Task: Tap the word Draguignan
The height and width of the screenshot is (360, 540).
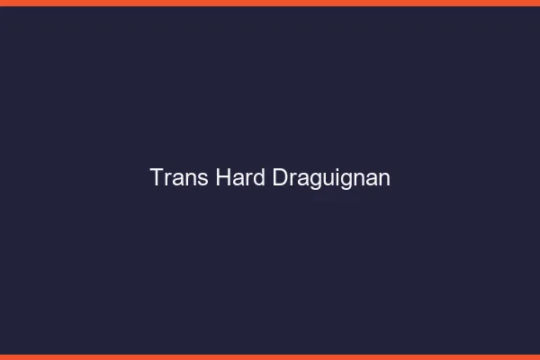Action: click(x=331, y=179)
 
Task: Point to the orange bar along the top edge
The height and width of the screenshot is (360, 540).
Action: click(x=270, y=3)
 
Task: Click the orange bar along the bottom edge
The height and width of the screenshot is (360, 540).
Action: click(x=270, y=356)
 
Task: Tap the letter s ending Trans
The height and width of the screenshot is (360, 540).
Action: click(x=204, y=179)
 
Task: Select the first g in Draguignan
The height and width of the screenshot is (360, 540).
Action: click(x=314, y=181)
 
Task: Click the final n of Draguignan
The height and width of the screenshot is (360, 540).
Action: click(x=384, y=179)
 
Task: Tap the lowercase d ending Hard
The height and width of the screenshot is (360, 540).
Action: click(x=260, y=177)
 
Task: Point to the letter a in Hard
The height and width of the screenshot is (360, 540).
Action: click(x=239, y=179)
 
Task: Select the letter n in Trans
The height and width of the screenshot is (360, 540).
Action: click(x=192, y=179)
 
